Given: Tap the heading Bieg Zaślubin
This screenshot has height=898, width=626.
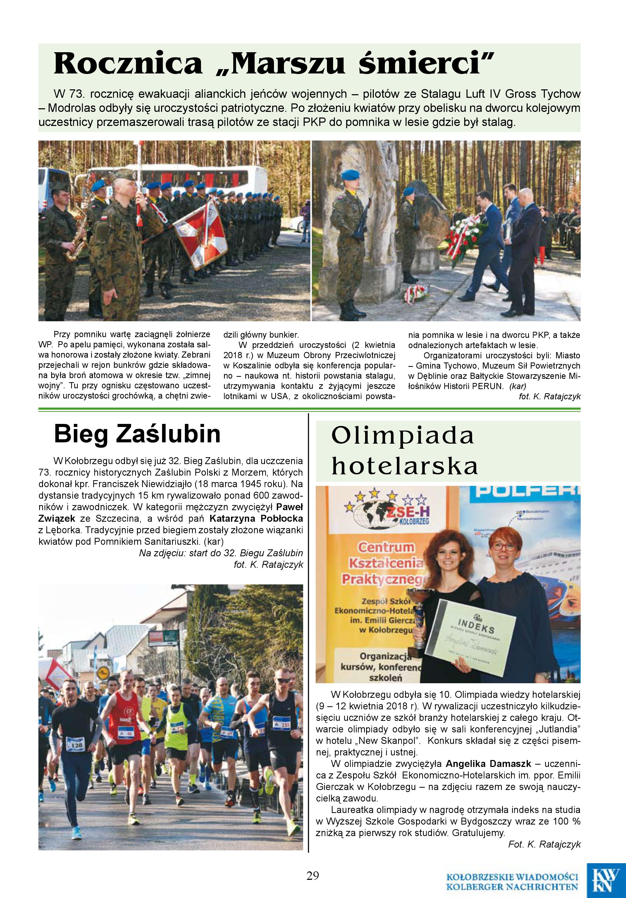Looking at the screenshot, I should coord(137,434).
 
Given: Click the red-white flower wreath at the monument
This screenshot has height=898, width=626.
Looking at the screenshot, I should coord(464,235).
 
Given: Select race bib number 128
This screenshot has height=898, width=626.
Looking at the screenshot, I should coord(75,745).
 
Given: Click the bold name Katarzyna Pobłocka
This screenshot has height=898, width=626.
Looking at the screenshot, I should coord(256,519).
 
